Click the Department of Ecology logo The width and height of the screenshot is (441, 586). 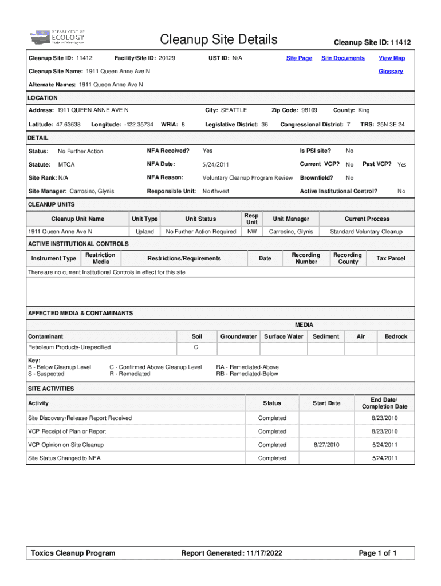pyautogui.click(x=58, y=38)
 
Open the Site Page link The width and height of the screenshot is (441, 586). pyautogui.click(x=299, y=58)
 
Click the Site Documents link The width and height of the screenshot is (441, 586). pyautogui.click(x=342, y=58)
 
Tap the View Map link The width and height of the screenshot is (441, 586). pyautogui.click(x=391, y=58)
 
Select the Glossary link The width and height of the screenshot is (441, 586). pyautogui.click(x=391, y=72)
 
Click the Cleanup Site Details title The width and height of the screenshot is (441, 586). pyautogui.click(x=219, y=39)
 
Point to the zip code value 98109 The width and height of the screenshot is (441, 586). pyautogui.click(x=309, y=110)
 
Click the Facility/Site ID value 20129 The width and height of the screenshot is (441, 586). pyautogui.click(x=167, y=58)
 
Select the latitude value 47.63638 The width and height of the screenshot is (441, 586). pyautogui.click(x=68, y=124)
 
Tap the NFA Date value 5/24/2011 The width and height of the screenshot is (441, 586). pyautogui.click(x=216, y=165)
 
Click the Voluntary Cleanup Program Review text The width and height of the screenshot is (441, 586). pyautogui.click(x=247, y=178)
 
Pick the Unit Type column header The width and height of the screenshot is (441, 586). pyautogui.click(x=144, y=219)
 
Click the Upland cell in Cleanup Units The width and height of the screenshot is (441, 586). pyautogui.click(x=144, y=232)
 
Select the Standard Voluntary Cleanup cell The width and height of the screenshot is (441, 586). pyautogui.click(x=366, y=232)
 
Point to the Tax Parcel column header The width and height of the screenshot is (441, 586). pyautogui.click(x=391, y=258)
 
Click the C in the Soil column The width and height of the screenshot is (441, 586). pyautogui.click(x=196, y=347)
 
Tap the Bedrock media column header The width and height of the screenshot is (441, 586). pyautogui.click(x=396, y=336)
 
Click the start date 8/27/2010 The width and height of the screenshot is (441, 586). pyautogui.click(x=326, y=445)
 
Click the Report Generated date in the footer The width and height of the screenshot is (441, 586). pyautogui.click(x=231, y=553)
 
